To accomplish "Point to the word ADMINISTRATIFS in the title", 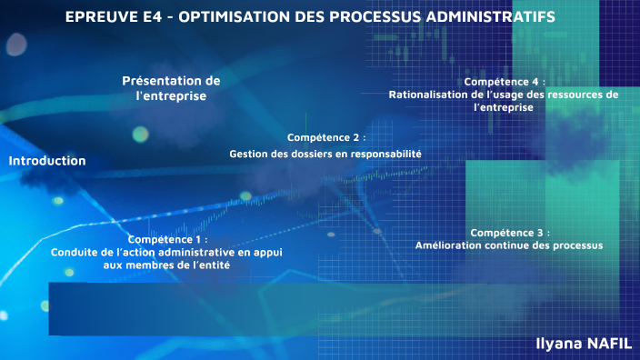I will pos(492,17).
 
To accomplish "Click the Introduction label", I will pos(47,161).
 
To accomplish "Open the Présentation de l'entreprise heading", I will pos(171,88).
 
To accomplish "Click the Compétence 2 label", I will pos(325,137).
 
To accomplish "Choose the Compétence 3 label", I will pos(509,233).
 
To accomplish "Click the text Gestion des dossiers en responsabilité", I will pos(325,155).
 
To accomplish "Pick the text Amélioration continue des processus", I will pos(509,245).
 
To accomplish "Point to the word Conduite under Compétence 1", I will pos(75,252).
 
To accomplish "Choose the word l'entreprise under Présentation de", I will pos(171,95).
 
